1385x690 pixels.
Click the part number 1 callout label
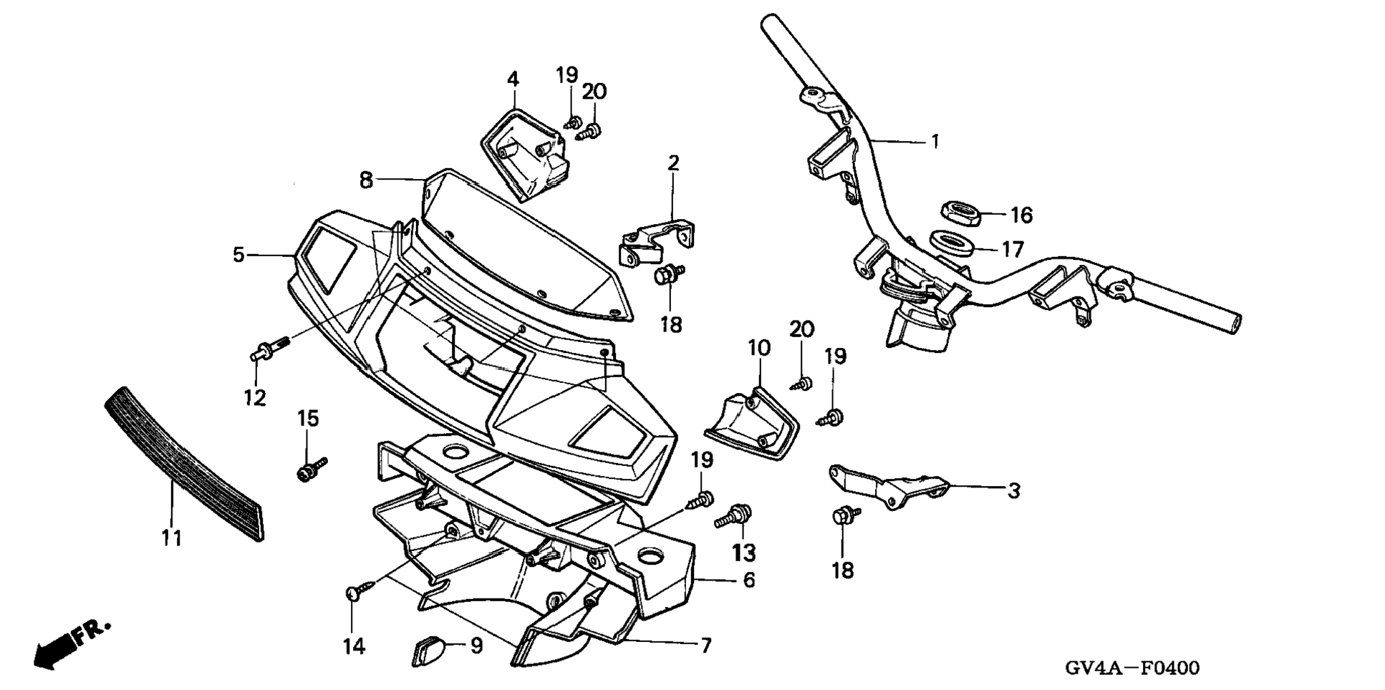(935, 142)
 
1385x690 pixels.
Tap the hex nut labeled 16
(959, 213)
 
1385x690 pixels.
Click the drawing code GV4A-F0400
(1131, 669)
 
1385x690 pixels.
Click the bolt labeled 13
(734, 515)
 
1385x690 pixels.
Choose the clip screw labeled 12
(269, 349)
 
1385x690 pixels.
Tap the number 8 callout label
(366, 180)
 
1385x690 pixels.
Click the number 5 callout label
(238, 255)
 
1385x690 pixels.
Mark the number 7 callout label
(705, 646)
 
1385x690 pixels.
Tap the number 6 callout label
(749, 580)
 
